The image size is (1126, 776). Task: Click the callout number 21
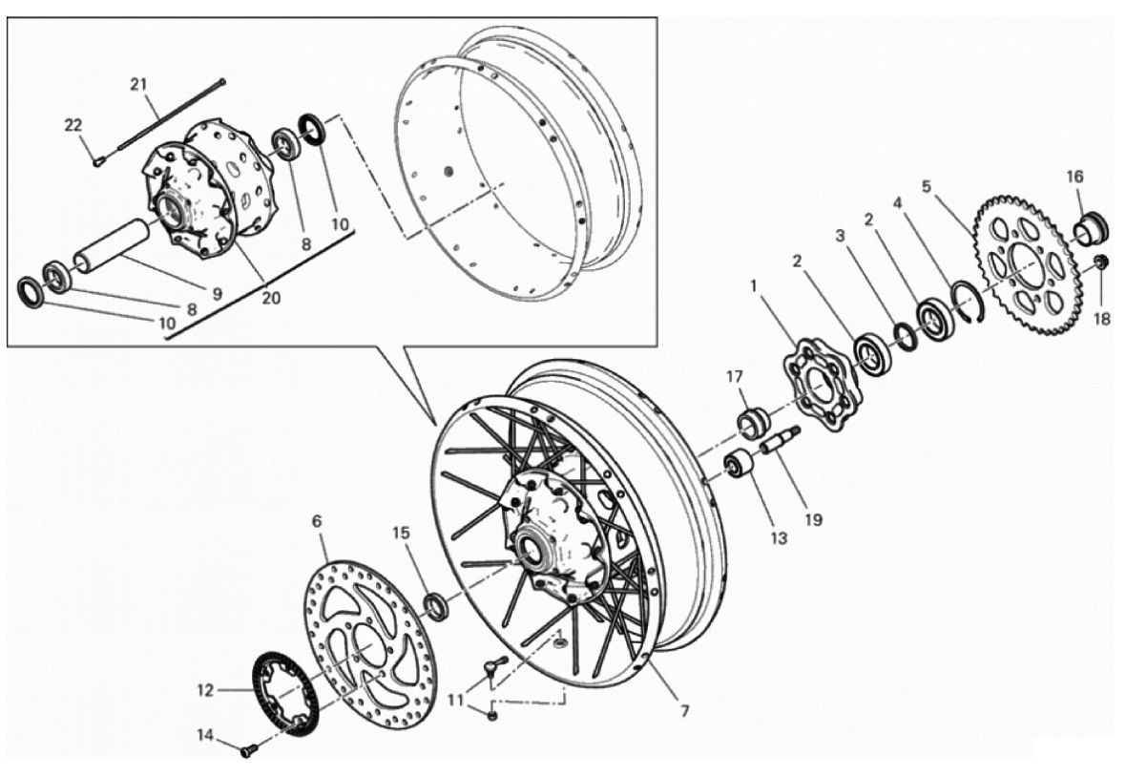click(x=138, y=84)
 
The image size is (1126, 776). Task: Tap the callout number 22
click(x=73, y=125)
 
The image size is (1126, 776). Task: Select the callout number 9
click(x=217, y=293)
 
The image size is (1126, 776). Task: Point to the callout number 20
click(x=271, y=297)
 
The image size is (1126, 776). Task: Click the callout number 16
click(x=1074, y=177)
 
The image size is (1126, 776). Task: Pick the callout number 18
click(x=1101, y=318)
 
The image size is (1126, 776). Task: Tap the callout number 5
click(x=927, y=187)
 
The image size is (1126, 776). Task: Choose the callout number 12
click(x=205, y=690)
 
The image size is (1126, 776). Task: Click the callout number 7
click(x=684, y=710)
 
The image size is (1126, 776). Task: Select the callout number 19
click(x=813, y=519)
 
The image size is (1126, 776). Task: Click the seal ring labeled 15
click(x=437, y=605)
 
